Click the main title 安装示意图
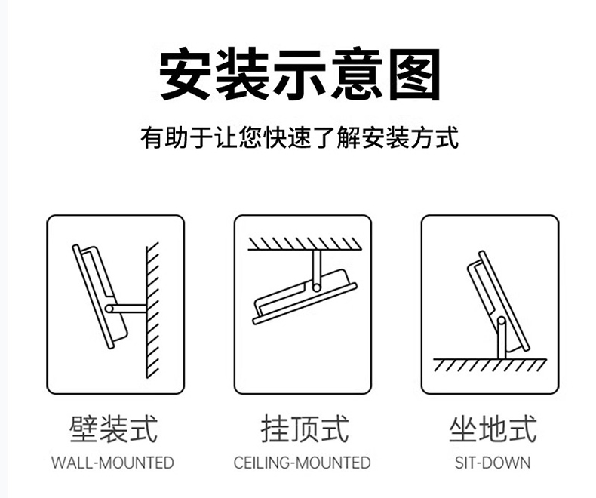300,74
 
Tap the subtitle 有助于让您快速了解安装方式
300,137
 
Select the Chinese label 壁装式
113,429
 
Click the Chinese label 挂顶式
305,429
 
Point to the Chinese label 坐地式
493,429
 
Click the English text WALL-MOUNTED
112,463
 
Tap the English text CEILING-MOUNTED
303,463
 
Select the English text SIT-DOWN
493,463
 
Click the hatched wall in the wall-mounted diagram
153,310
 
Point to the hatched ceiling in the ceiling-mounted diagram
305,244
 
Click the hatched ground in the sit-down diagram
490,365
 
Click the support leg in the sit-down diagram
502,338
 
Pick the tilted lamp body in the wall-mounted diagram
100,297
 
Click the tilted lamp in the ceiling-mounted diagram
305,297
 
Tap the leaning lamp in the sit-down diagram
498,301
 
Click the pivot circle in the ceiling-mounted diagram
317,287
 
